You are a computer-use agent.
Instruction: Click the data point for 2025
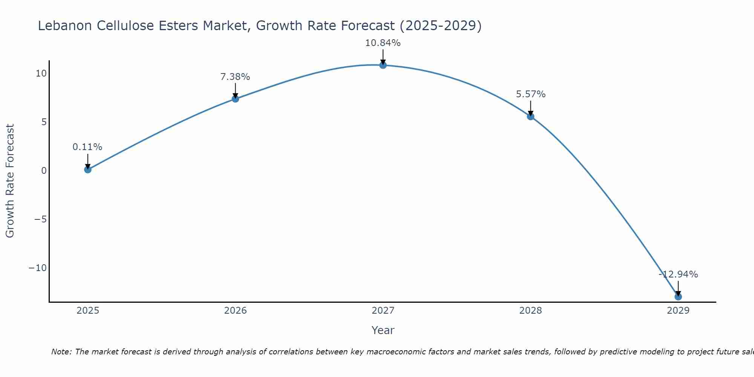pos(87,170)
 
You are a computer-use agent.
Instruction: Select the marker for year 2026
pos(235,99)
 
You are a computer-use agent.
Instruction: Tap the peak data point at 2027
pos(383,65)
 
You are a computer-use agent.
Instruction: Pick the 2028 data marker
pos(530,116)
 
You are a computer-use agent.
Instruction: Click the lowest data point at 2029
pos(678,297)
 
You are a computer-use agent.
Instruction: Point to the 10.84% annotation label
pos(383,43)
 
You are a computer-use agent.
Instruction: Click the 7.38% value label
pos(235,77)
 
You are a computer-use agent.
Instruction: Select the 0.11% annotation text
pos(87,147)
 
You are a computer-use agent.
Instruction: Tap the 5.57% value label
pos(530,94)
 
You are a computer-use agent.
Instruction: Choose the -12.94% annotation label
pos(678,274)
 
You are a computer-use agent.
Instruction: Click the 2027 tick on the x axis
pos(383,311)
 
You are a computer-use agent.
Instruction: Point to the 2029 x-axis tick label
pos(678,311)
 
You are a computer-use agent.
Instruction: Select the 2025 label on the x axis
pos(87,311)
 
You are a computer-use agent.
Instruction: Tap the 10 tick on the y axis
pos(41,74)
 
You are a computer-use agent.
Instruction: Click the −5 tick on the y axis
pos(40,219)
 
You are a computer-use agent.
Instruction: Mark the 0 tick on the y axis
pos(44,171)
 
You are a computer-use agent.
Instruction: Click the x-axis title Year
pos(383,330)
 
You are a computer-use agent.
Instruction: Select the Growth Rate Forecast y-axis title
pos(10,181)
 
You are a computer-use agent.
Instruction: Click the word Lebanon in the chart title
pos(65,26)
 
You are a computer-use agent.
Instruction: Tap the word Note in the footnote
pos(60,352)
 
